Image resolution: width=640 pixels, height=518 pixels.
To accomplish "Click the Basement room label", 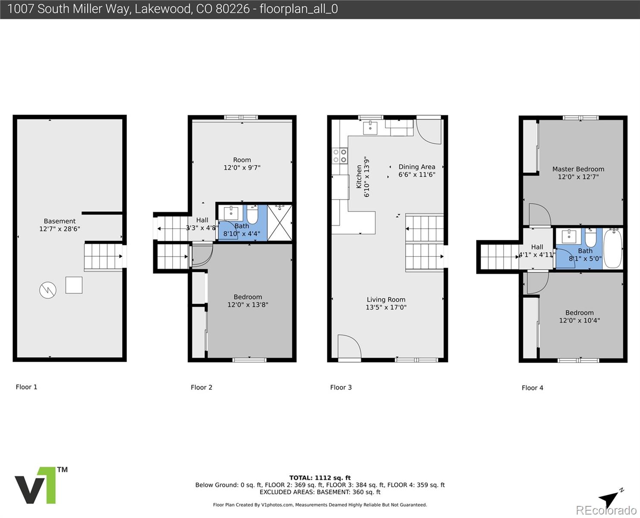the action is [x=60, y=221].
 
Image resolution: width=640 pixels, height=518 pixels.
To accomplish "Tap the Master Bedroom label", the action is [x=578, y=169].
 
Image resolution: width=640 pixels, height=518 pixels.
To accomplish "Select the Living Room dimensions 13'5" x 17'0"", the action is [x=386, y=307].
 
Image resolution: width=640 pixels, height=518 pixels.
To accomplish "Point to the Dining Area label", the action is [x=417, y=167].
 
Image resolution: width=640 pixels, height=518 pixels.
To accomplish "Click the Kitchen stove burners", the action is [x=340, y=156].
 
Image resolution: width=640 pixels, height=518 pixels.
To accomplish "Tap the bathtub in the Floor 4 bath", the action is [x=612, y=248].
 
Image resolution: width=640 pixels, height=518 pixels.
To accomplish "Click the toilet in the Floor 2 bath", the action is [x=252, y=215].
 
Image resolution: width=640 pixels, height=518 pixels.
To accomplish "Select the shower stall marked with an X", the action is [x=279, y=222].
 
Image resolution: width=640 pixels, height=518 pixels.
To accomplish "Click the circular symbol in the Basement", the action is [x=48, y=290].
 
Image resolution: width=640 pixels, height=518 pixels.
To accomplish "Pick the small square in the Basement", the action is [x=74, y=285].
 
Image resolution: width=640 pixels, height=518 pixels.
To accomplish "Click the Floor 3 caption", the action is [x=341, y=387].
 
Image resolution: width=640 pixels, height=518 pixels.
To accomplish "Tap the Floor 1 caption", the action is [x=26, y=387].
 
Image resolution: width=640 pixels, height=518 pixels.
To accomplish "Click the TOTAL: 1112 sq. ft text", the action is [x=320, y=478].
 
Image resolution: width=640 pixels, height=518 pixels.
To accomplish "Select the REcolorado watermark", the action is [x=606, y=510].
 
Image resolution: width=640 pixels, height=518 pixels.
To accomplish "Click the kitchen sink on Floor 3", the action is [x=370, y=128].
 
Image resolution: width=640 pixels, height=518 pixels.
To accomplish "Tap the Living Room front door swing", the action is [x=349, y=346].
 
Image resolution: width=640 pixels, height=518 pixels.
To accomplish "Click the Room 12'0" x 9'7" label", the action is [x=242, y=164].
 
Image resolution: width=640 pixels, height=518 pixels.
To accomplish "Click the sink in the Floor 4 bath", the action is [x=569, y=236].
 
